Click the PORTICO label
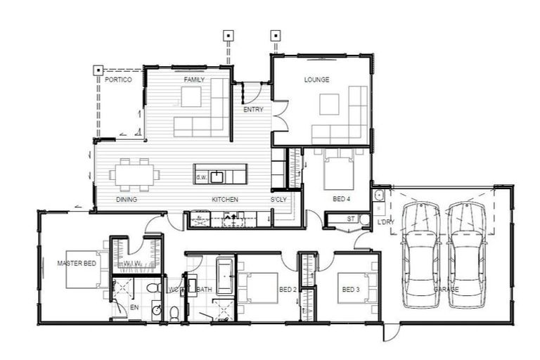118,80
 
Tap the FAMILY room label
194,80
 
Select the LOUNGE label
316,80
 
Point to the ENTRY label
253,110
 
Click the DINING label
126,200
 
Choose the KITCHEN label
225,200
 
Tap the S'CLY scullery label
279,200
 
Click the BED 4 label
342,200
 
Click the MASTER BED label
76,264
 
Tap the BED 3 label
351,289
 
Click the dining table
134,174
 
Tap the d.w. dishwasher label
201,177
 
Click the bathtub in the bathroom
224,276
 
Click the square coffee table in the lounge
328,104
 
